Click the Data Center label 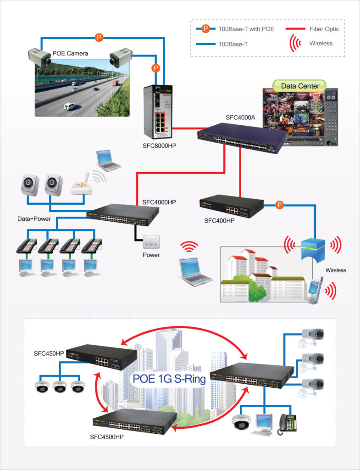[x=299, y=86]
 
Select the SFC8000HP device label [x=160, y=146]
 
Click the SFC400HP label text [x=219, y=221]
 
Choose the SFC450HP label [x=49, y=353]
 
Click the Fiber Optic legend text [x=324, y=29]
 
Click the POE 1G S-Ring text [x=169, y=380]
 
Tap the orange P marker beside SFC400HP [x=279, y=205]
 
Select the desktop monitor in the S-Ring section [x=265, y=422]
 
